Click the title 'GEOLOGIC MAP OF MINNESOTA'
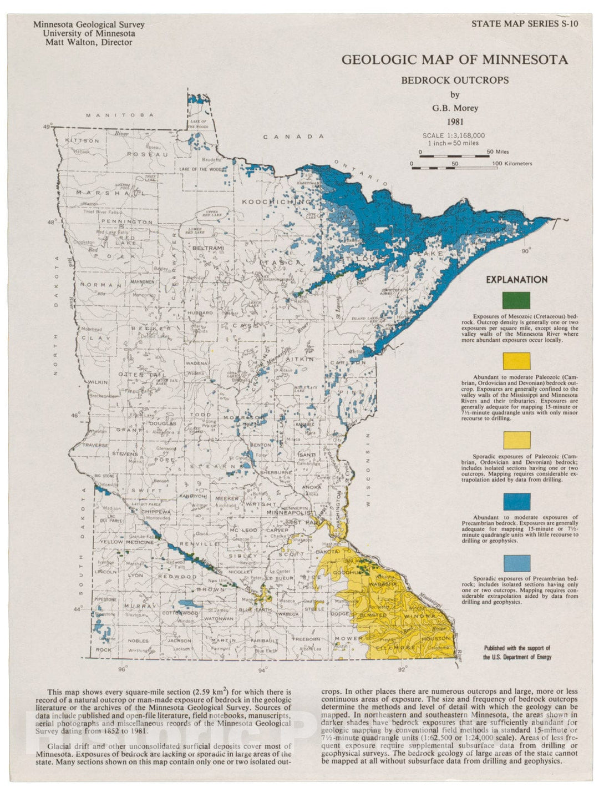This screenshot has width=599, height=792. pos(454,59)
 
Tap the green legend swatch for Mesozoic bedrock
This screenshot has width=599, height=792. pos(516,300)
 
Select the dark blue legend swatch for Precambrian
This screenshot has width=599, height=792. pos(516,502)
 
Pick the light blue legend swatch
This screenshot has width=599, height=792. pos(516,563)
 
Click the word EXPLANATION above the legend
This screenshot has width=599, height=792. pos(516,280)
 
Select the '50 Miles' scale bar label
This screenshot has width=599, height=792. pos(498,152)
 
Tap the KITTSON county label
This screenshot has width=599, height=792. pos(82,141)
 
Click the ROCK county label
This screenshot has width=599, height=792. pos(104,649)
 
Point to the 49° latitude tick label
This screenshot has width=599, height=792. pos(48,127)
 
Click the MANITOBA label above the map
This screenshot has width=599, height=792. pos(119,115)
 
